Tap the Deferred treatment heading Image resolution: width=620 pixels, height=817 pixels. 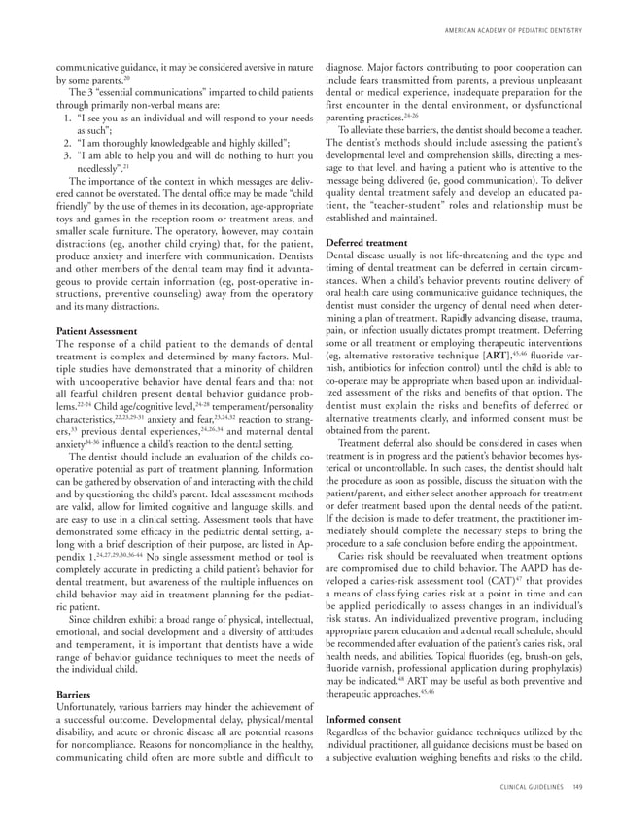click(x=367, y=214)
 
